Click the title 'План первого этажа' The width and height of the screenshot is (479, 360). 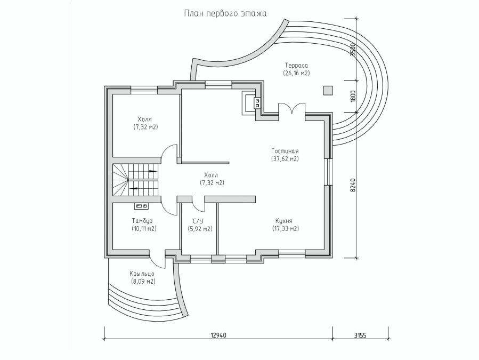225,14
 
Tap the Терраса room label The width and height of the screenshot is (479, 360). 296,65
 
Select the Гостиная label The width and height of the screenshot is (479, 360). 285,151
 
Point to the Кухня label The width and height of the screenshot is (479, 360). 284,220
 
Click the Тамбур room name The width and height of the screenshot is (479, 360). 142,220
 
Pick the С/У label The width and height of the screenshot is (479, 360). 199,220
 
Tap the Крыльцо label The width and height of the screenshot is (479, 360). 142,274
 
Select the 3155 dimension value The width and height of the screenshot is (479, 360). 360,335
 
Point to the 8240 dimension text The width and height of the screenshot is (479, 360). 353,185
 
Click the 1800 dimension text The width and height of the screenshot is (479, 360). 353,96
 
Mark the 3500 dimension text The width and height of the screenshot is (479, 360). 353,49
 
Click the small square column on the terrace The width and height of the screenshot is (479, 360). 328,91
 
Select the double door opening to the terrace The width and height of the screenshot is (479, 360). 292,109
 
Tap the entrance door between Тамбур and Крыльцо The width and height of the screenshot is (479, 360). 158,259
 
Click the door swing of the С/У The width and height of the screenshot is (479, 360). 199,205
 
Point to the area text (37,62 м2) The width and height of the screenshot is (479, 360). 285,159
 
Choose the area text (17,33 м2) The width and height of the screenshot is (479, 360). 286,228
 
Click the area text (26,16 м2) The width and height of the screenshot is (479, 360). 296,73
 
